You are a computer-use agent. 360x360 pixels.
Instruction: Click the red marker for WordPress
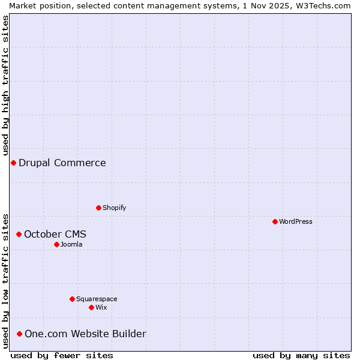point(275,221)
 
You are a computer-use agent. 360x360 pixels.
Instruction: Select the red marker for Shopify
point(98,208)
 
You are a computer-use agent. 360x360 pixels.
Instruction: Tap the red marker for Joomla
point(56,244)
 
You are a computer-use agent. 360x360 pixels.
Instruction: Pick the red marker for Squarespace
point(72,299)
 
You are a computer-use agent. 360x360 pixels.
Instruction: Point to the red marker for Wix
point(91,307)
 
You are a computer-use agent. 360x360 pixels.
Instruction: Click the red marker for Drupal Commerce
point(13,163)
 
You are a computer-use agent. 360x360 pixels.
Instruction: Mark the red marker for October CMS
point(19,234)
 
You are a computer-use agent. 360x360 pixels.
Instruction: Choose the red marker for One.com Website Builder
point(19,334)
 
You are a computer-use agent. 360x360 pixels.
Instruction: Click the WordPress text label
point(296,221)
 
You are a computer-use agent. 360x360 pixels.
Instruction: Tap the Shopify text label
point(115,208)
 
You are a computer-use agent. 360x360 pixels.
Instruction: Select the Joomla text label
point(71,244)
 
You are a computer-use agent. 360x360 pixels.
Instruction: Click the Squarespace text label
point(97,299)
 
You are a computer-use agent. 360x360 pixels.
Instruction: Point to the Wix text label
point(101,307)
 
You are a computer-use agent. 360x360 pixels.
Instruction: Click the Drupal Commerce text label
point(62,163)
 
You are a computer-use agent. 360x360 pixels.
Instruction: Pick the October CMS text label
point(55,234)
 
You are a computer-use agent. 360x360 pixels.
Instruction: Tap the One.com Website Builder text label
point(85,334)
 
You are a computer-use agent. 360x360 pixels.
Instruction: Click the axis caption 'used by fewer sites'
point(62,355)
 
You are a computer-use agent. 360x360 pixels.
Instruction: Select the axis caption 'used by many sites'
point(301,355)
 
